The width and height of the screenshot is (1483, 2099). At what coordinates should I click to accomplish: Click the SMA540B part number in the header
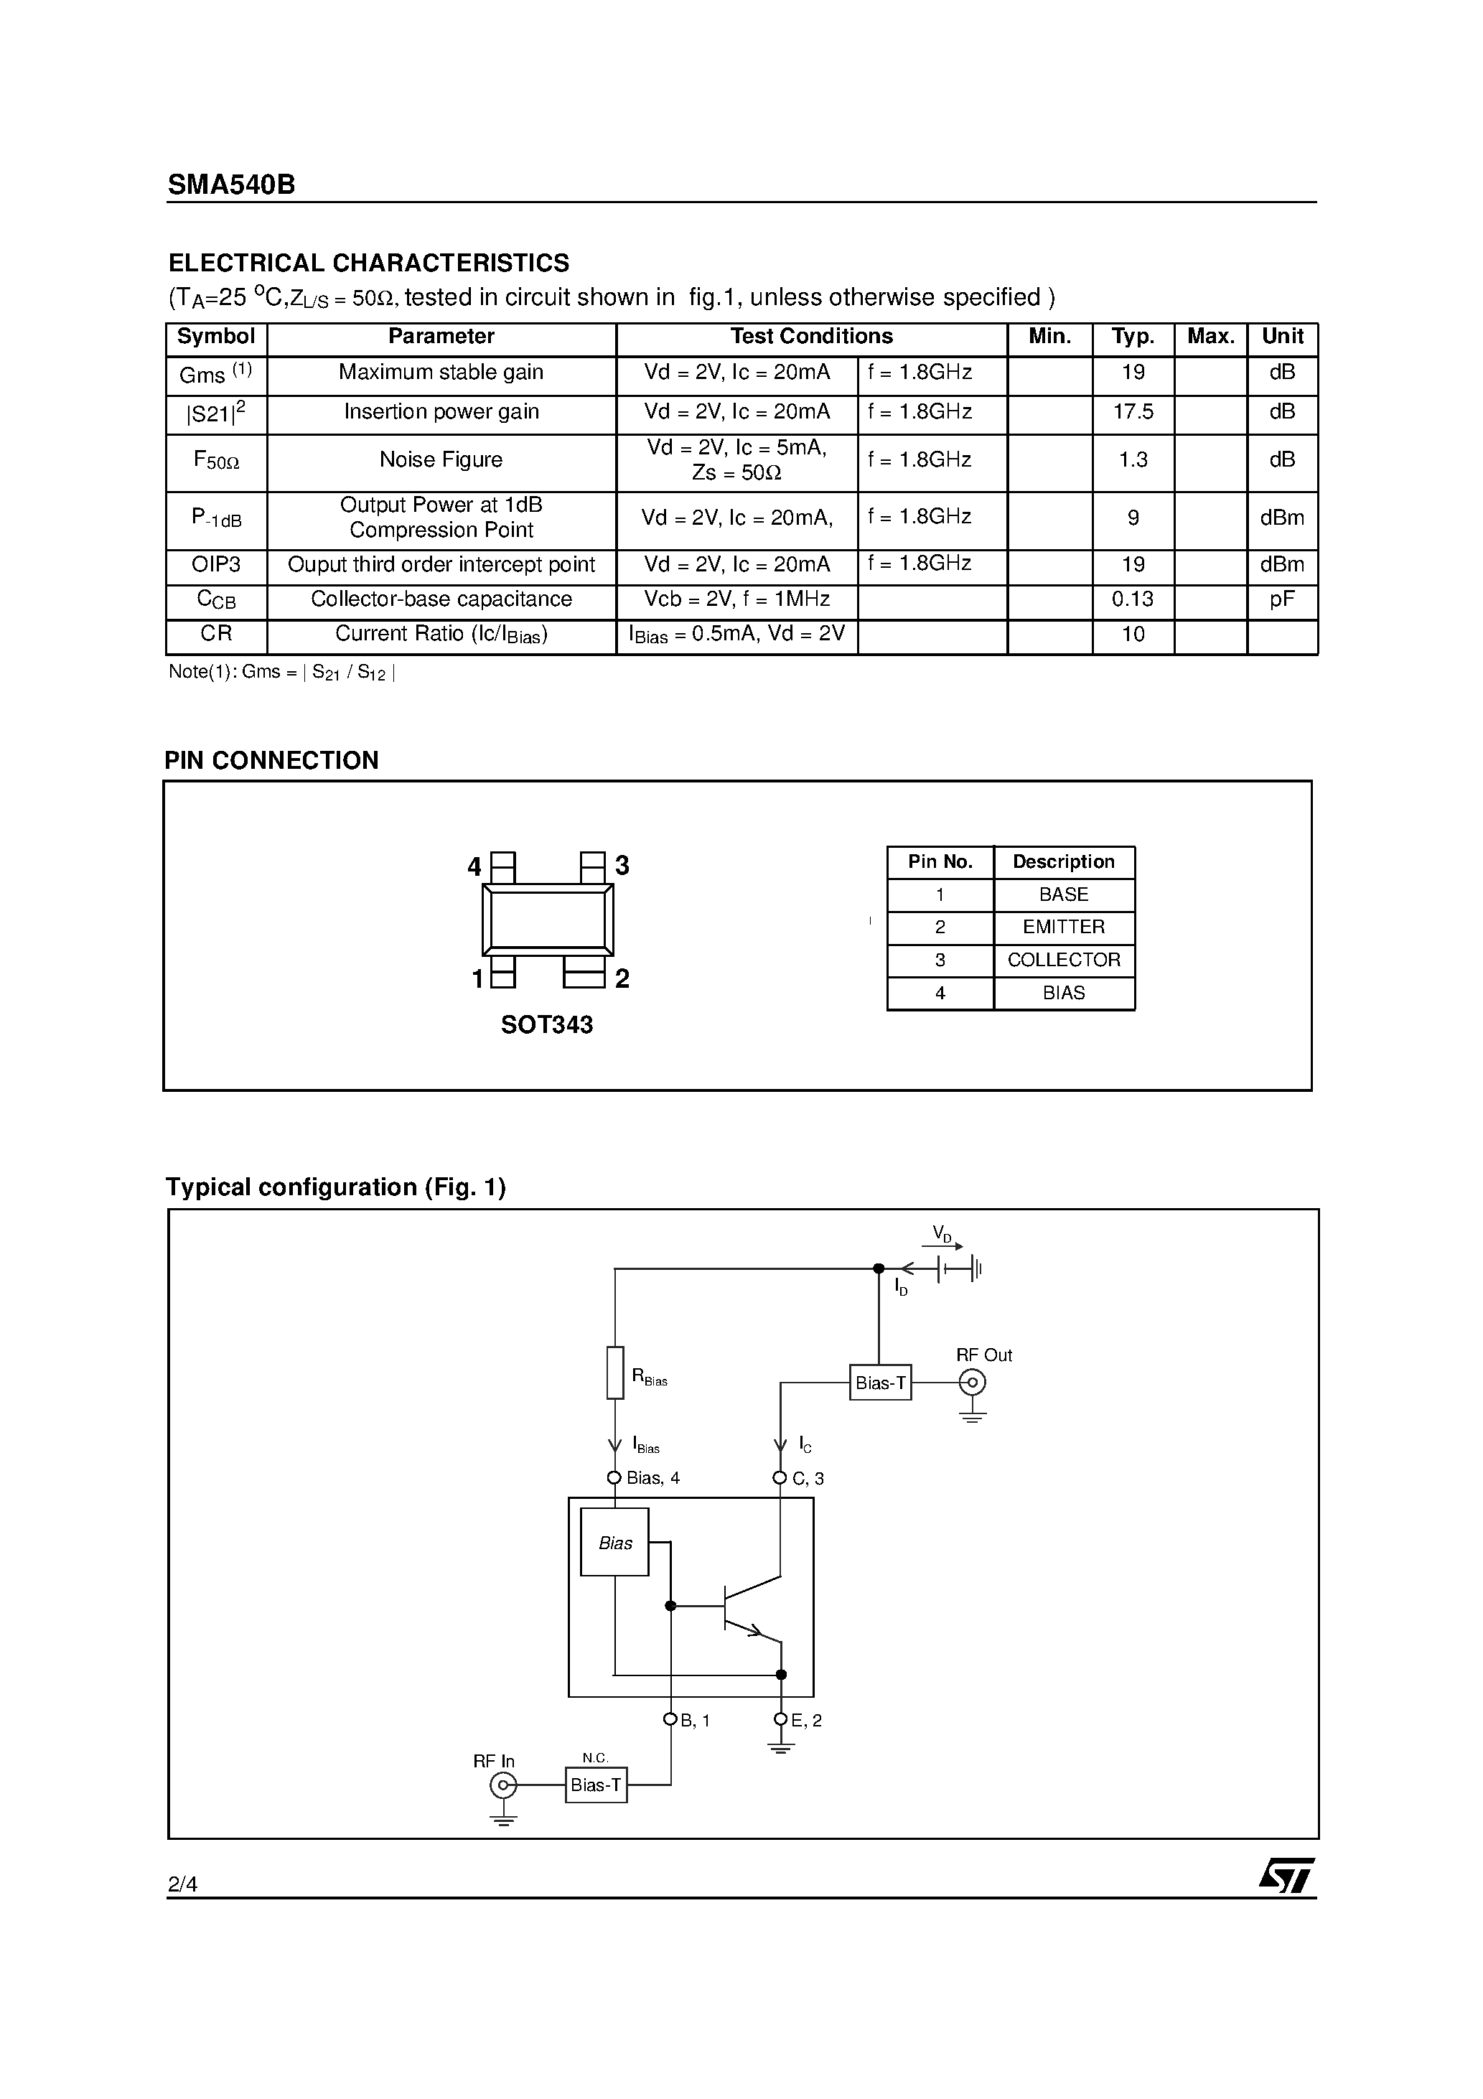[231, 184]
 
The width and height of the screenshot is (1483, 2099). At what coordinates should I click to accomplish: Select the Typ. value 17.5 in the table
[1132, 412]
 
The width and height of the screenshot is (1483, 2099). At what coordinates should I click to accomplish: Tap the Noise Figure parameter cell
[441, 460]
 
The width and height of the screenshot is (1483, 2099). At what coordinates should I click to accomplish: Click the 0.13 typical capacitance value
[1132, 599]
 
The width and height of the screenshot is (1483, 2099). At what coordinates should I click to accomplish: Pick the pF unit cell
[1281, 599]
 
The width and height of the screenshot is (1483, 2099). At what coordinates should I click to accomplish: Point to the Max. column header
[1210, 337]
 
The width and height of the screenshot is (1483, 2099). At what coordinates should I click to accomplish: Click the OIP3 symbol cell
[216, 565]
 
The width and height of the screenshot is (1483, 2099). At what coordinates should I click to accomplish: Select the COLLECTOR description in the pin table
[1063, 960]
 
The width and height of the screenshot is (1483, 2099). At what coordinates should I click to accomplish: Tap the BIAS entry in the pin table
[1063, 993]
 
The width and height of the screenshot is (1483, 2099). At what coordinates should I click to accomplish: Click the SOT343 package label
[547, 1025]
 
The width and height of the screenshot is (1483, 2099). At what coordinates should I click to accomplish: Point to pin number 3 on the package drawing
[622, 865]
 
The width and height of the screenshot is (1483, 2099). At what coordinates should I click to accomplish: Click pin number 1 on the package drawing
[477, 979]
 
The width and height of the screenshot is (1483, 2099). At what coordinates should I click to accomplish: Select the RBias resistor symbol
[615, 1373]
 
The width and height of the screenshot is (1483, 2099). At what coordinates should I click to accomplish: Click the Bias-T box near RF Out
[879, 1383]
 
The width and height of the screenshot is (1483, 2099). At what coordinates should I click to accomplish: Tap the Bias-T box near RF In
[595, 1785]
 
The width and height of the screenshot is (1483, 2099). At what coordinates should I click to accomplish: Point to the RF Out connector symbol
[972, 1383]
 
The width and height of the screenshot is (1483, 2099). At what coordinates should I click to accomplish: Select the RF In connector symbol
[503, 1785]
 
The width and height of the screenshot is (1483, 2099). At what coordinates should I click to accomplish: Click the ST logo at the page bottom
[1286, 1877]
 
